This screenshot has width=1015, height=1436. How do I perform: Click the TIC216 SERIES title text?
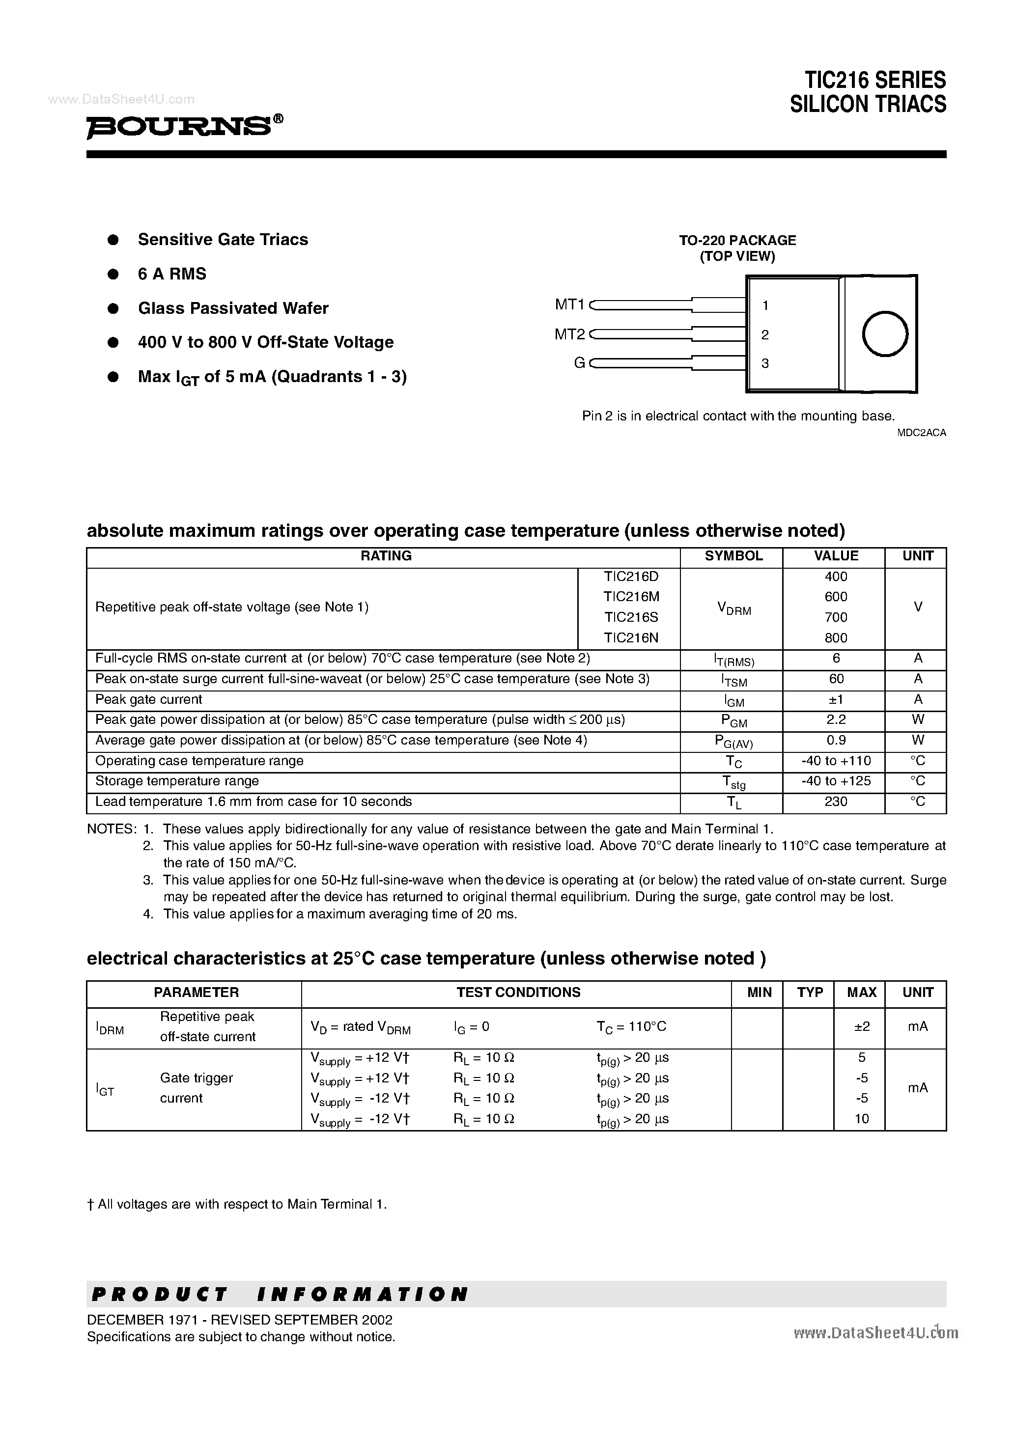click(875, 80)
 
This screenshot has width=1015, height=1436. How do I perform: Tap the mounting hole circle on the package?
click(884, 334)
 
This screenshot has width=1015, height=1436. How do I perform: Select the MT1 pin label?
click(569, 304)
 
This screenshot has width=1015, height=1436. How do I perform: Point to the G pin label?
click(579, 363)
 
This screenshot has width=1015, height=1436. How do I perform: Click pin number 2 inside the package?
click(765, 334)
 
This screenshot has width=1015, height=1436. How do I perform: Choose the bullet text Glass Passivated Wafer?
click(233, 308)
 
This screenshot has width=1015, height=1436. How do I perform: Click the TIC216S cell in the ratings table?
click(631, 617)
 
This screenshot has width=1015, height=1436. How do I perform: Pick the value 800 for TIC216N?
click(835, 638)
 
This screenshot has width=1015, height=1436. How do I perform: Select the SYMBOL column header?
click(733, 556)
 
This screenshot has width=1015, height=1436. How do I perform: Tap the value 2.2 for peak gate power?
click(835, 720)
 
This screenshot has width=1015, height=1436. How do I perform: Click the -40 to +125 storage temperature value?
click(835, 781)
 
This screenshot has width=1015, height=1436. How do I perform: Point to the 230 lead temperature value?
click(835, 802)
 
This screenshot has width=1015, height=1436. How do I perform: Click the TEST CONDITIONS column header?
click(518, 993)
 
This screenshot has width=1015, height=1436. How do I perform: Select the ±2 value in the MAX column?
click(862, 1026)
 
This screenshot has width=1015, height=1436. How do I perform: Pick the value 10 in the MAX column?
click(862, 1119)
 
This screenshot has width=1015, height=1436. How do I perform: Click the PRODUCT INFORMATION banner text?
click(280, 1294)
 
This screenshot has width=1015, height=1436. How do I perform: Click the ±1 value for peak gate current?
click(835, 700)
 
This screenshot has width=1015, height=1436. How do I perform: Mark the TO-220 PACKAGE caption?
click(737, 240)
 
